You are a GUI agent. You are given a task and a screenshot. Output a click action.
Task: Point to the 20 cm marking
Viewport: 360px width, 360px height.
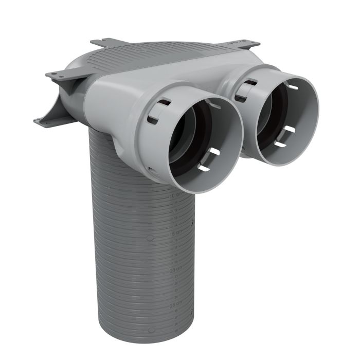coord(176,269)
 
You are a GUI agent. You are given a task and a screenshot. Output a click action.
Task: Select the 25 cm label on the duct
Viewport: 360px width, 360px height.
coord(175,304)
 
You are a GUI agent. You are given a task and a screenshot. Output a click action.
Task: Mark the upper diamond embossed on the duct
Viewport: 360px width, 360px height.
coord(149,238)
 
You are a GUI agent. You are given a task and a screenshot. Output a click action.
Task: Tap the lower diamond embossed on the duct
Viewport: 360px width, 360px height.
coord(149,331)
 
